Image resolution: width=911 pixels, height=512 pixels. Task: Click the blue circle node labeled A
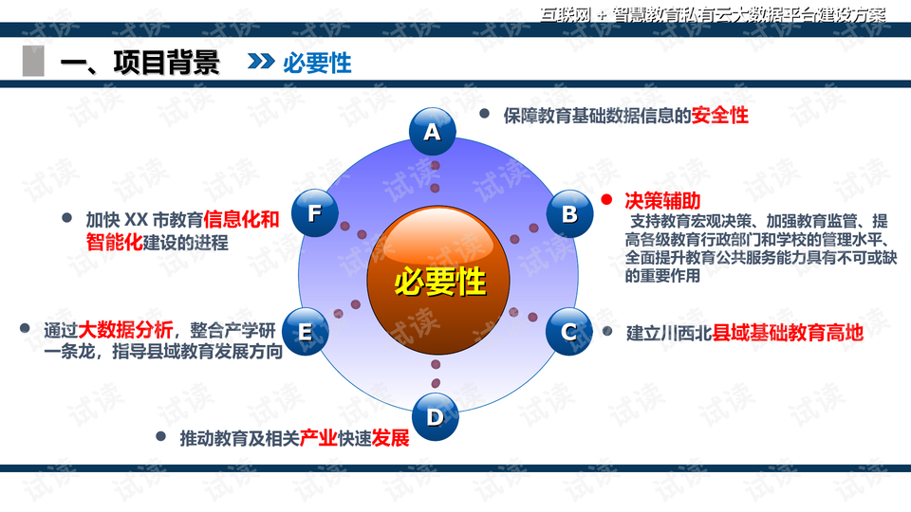click(433, 131)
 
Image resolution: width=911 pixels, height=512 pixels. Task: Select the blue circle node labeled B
click(570, 213)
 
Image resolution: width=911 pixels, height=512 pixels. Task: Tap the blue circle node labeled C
click(568, 332)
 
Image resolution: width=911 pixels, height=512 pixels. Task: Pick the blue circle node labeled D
click(436, 416)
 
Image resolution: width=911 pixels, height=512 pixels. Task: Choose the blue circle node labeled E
click(305, 332)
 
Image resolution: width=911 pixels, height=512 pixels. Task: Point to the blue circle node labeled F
click(315, 213)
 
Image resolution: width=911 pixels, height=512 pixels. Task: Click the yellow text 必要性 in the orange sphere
click(439, 283)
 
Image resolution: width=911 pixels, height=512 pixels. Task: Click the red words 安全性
click(719, 115)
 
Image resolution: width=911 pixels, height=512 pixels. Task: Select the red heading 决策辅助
click(663, 201)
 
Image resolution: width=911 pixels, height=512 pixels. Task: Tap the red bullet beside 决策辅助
click(606, 200)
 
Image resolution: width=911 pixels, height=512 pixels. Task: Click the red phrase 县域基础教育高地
click(788, 333)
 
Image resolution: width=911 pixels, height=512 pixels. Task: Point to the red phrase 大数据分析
click(125, 330)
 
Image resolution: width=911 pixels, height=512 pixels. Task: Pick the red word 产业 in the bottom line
click(319, 438)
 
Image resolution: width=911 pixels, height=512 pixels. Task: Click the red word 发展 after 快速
click(390, 438)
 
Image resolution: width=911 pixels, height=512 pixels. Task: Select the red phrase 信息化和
click(241, 219)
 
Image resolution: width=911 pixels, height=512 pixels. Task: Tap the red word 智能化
click(115, 242)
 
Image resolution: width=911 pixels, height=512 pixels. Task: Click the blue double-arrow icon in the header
click(261, 61)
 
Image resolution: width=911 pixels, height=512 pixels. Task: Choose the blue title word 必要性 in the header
click(317, 63)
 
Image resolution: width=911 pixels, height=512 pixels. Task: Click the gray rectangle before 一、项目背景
click(33, 61)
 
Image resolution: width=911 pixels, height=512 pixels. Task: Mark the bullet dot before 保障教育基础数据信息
click(484, 114)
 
